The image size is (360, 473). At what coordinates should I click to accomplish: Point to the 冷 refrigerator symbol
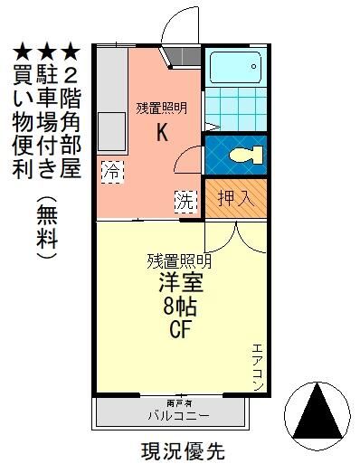coord(112,169)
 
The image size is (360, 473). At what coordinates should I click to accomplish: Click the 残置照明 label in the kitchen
coord(162,108)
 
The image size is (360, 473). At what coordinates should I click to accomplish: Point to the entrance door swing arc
coord(178,23)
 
